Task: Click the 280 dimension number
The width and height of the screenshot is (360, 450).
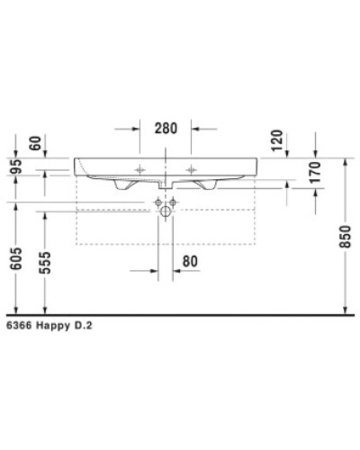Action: click(x=165, y=128)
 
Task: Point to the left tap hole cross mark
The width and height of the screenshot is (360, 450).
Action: click(x=139, y=169)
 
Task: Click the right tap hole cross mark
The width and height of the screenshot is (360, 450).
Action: click(x=191, y=169)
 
